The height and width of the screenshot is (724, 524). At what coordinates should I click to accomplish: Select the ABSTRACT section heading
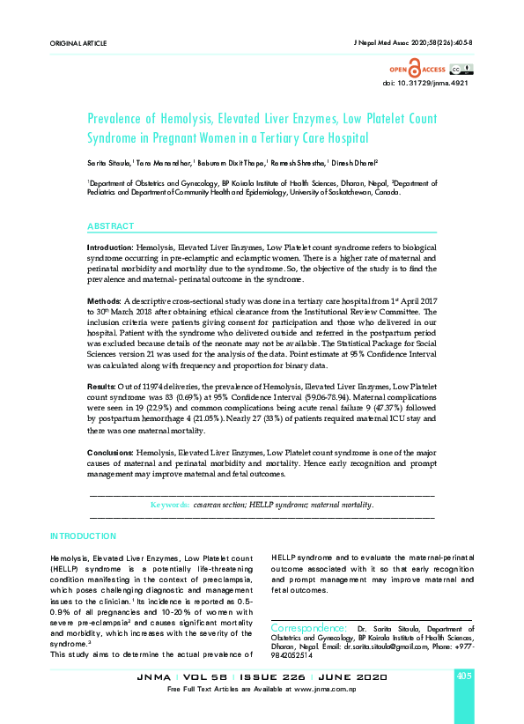(x=110, y=226)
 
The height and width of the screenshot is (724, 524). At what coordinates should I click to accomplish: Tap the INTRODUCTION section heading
(x=83, y=536)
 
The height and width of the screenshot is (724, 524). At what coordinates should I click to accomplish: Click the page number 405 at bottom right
(x=465, y=676)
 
